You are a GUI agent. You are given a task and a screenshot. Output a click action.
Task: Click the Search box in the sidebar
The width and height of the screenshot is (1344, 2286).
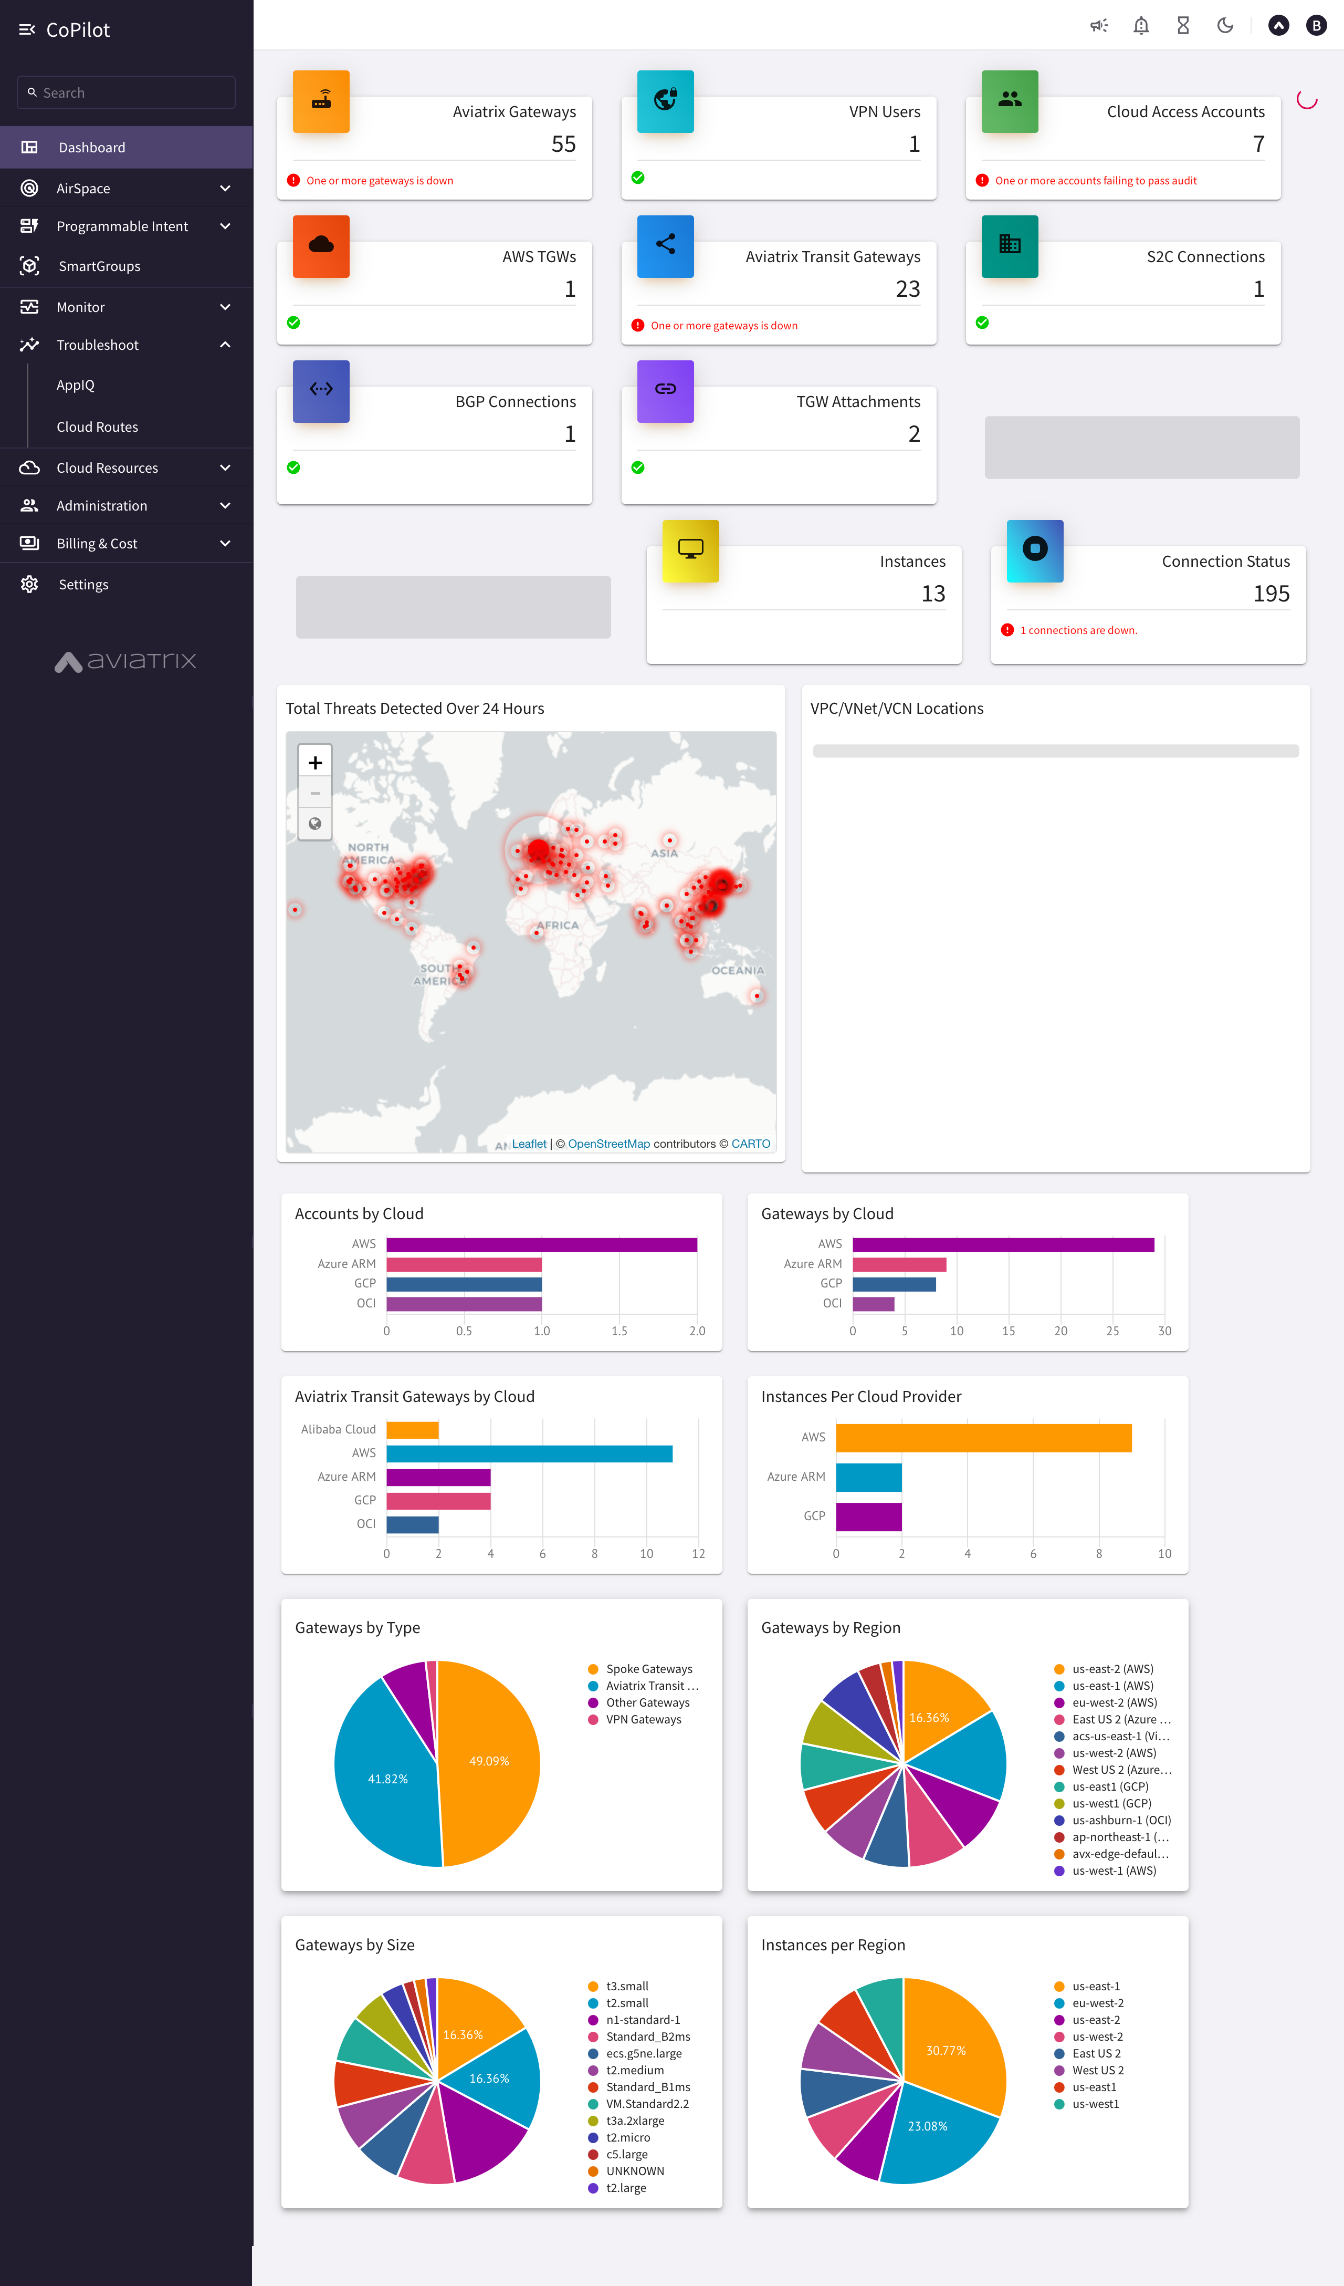127,92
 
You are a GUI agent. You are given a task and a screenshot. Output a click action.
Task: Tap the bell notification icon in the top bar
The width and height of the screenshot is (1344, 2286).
1141,25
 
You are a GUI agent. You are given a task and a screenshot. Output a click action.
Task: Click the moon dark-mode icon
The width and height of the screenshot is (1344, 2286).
1225,25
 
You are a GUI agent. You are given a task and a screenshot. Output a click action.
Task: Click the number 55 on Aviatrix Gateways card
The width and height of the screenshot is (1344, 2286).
563,144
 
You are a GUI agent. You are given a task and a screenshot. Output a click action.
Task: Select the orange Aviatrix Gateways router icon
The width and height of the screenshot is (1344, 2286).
321,101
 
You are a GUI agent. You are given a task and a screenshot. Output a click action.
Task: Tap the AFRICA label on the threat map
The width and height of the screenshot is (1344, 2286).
557,926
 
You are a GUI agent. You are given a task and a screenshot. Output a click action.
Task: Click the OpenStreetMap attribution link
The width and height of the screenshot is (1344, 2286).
608,1144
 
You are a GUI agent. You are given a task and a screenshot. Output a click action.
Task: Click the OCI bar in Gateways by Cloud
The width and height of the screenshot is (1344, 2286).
873,1304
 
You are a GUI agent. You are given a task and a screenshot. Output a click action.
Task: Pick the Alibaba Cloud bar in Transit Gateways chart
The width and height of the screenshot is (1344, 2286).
413,1430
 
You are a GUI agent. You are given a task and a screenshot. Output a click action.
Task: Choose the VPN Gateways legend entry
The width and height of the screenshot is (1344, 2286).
643,1719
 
